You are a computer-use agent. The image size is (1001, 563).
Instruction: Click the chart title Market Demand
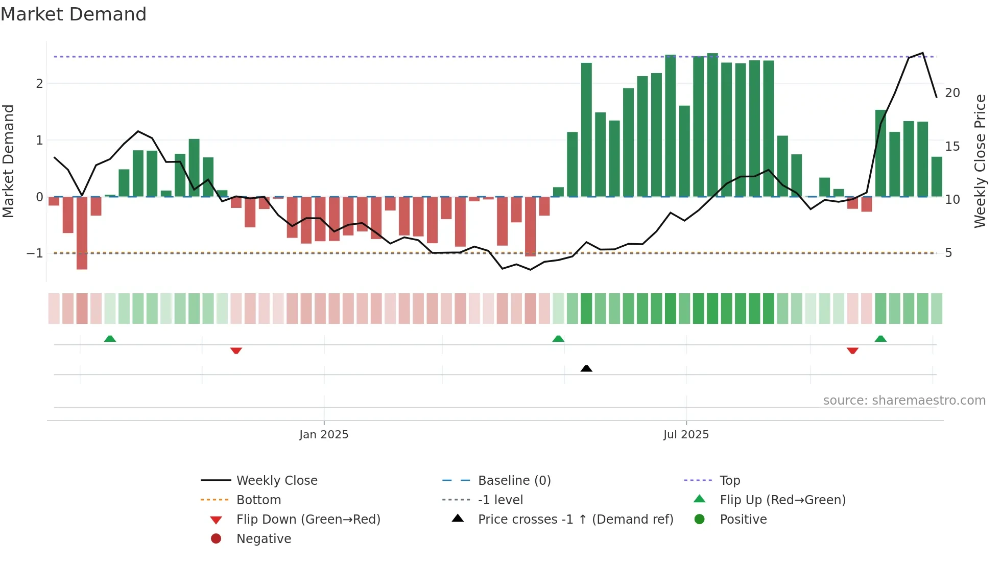click(x=74, y=14)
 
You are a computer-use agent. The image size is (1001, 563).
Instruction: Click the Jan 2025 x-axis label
click(x=324, y=435)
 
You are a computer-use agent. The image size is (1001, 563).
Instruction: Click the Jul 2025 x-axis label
click(x=686, y=435)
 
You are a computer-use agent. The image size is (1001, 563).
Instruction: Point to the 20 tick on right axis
click(x=952, y=93)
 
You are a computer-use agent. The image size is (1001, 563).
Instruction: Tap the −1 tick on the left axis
click(x=35, y=253)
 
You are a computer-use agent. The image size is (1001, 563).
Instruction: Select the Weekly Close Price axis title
click(x=980, y=161)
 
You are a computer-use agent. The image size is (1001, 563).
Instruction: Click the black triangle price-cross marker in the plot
click(x=586, y=368)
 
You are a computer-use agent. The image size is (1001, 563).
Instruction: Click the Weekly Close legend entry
click(x=276, y=481)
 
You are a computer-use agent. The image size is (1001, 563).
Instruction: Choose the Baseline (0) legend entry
click(x=514, y=481)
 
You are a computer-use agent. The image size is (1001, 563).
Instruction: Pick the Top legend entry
click(x=729, y=481)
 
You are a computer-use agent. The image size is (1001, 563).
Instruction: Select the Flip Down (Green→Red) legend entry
click(x=308, y=520)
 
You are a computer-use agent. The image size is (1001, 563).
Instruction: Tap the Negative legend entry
click(x=264, y=539)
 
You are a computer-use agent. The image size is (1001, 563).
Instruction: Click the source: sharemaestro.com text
click(x=904, y=401)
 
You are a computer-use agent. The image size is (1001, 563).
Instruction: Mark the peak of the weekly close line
click(x=922, y=53)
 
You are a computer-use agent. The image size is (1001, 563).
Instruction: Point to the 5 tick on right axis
click(x=948, y=253)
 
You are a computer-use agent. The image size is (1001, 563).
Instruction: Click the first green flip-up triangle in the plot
click(x=110, y=339)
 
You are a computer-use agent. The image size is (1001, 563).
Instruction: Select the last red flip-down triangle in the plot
click(x=852, y=350)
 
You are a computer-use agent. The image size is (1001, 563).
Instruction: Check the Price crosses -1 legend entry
click(x=575, y=520)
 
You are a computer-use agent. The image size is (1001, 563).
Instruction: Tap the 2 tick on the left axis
click(x=39, y=83)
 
